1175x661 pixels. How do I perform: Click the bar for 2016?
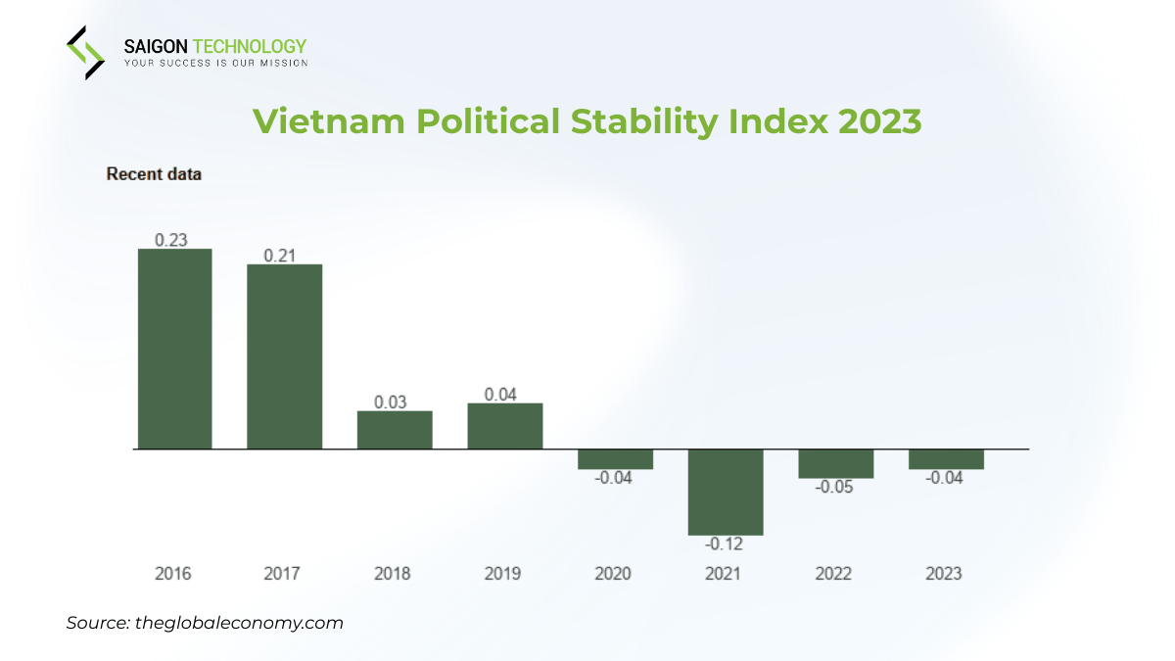(x=174, y=349)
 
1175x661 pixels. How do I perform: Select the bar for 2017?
(x=284, y=356)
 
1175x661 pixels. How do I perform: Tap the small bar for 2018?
(x=395, y=430)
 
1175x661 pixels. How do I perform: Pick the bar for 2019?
(x=504, y=426)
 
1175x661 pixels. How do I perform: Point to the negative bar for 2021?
(x=725, y=492)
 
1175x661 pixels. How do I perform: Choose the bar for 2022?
(x=835, y=463)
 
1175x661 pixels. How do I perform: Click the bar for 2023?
(x=946, y=459)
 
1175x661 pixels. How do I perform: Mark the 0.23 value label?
(x=171, y=239)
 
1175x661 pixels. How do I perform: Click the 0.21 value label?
(x=282, y=255)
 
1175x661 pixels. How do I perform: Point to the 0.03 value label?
(x=393, y=401)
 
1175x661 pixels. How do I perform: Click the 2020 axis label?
(x=613, y=574)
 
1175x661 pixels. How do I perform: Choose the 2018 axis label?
(x=393, y=574)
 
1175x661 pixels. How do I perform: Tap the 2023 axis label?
(x=944, y=574)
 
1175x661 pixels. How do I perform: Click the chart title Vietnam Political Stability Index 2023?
(x=587, y=121)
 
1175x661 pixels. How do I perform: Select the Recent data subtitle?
(x=154, y=174)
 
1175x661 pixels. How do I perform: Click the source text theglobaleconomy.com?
(x=237, y=623)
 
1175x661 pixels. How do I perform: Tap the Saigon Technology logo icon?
(x=85, y=52)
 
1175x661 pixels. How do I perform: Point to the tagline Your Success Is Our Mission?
(x=215, y=63)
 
